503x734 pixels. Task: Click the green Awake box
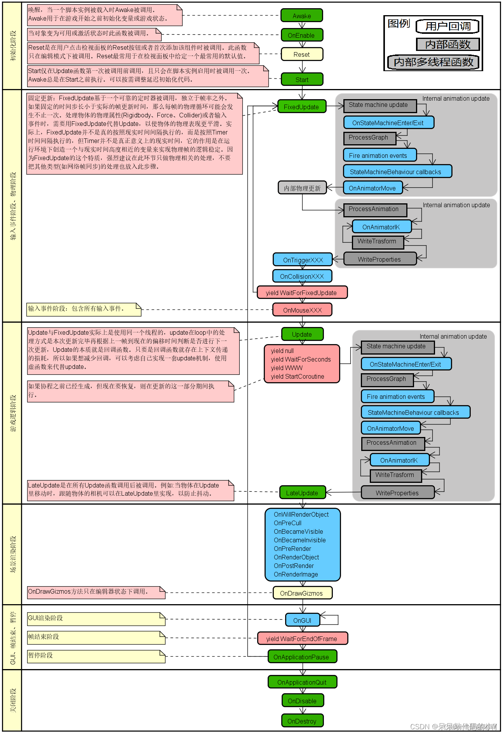[302, 16]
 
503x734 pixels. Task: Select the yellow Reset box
[302, 54]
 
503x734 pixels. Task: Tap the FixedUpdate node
[302, 107]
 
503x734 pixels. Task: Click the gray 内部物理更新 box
[302, 188]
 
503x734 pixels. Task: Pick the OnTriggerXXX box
[303, 260]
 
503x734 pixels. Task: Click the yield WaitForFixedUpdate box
[302, 293]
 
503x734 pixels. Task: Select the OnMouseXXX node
[302, 310]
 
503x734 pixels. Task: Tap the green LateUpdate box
[302, 493]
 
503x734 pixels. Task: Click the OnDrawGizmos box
[302, 593]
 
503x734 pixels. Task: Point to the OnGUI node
[302, 620]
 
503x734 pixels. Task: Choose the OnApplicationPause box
[302, 657]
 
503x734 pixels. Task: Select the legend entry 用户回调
[447, 26]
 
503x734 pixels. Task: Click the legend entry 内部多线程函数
[433, 62]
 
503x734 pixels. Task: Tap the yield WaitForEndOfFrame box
[302, 639]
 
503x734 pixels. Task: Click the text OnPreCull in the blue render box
[287, 523]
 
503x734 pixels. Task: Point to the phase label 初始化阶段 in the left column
[13, 46]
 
